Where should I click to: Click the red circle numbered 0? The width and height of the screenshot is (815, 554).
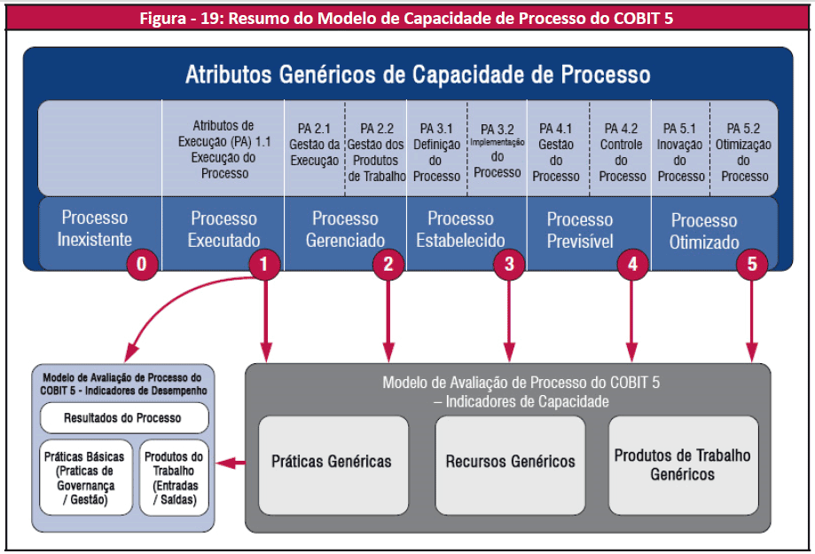click(142, 265)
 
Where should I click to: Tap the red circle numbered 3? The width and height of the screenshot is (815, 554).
click(508, 265)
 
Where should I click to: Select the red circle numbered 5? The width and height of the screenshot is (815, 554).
click(752, 265)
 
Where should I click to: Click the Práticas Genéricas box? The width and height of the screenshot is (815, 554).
click(332, 461)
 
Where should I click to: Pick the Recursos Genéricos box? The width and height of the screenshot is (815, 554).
click(510, 461)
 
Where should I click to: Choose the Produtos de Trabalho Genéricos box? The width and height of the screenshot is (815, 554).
click(682, 464)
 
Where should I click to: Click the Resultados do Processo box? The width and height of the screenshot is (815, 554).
click(122, 417)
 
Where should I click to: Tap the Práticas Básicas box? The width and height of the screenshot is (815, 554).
click(84, 478)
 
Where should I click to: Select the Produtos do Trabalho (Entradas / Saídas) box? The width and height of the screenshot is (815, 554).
click(173, 478)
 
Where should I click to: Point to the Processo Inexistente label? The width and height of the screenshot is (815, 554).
click(94, 228)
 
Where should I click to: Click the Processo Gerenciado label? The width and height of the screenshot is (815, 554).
click(345, 229)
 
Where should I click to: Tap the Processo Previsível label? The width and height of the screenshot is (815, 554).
click(580, 229)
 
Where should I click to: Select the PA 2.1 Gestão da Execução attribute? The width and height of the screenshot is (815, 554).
click(314, 146)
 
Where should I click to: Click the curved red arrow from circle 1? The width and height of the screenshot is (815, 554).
click(177, 306)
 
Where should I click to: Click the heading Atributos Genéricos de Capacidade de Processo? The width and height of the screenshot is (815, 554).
click(417, 74)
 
